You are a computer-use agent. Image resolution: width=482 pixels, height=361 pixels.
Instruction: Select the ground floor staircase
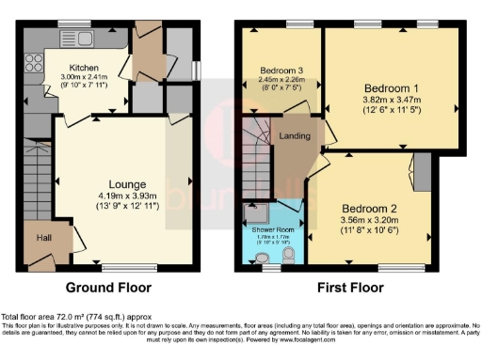tap(35, 187)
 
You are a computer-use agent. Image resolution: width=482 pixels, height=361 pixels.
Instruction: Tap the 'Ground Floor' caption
tap(107, 288)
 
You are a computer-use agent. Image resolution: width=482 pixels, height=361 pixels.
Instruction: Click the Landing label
tap(295, 136)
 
